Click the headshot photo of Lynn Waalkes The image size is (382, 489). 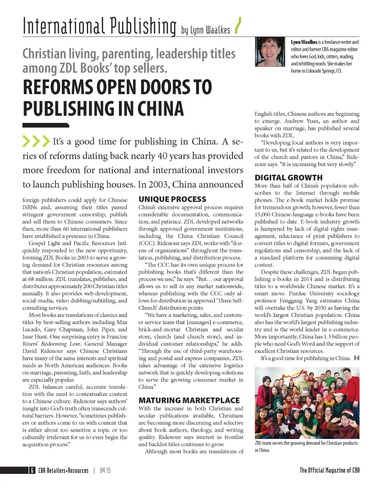270,52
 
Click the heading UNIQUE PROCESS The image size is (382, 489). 172,199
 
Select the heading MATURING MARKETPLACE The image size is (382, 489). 189,400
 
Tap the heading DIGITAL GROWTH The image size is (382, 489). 288,178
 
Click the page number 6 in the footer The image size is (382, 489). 32,470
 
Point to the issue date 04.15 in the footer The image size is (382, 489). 105,471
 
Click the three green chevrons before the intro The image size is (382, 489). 36,141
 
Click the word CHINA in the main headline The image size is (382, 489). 160,109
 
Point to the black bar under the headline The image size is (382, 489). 46,125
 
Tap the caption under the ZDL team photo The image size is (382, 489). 306,446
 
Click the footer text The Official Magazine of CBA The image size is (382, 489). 329,470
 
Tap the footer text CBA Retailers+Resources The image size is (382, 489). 63,471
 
